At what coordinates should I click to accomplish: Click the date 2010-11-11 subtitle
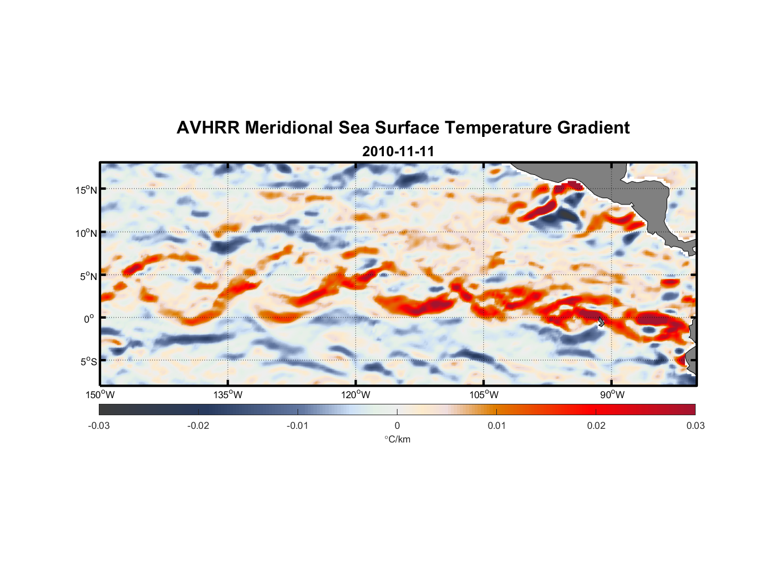[398, 151]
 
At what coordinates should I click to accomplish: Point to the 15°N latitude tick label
[86, 190]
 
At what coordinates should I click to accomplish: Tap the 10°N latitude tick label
[86, 233]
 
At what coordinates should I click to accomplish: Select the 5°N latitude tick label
[89, 276]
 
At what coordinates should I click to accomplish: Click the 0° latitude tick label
[89, 319]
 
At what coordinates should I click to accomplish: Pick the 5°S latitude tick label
[89, 362]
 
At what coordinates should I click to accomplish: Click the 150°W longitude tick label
[100, 395]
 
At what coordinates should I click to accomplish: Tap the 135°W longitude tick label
[228, 395]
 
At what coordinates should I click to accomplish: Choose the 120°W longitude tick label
[356, 395]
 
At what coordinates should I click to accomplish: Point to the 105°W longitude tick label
[484, 395]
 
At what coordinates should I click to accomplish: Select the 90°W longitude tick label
[612, 395]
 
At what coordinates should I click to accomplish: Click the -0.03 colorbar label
[99, 426]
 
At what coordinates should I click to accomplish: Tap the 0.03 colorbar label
[695, 426]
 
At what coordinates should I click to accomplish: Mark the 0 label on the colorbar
[397, 426]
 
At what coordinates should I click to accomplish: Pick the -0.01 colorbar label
[298, 426]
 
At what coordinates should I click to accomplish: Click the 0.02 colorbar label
[596, 426]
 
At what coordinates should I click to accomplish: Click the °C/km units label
[397, 439]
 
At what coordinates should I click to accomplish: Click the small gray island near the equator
[601, 322]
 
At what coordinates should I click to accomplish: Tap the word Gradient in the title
[593, 128]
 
